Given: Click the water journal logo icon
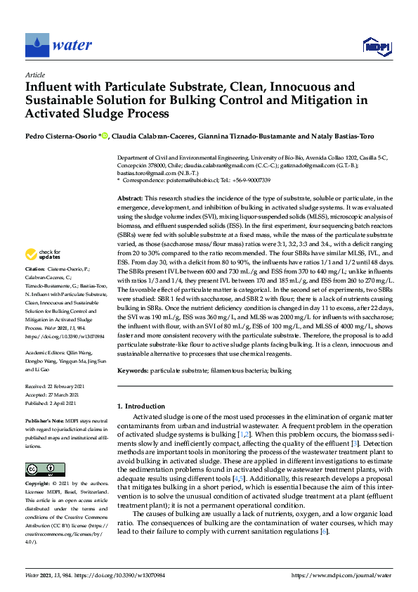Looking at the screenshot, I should point(37,44).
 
